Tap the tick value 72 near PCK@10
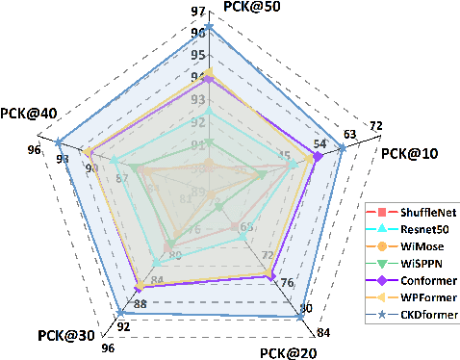[375, 125]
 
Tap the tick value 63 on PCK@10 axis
[350, 134]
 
